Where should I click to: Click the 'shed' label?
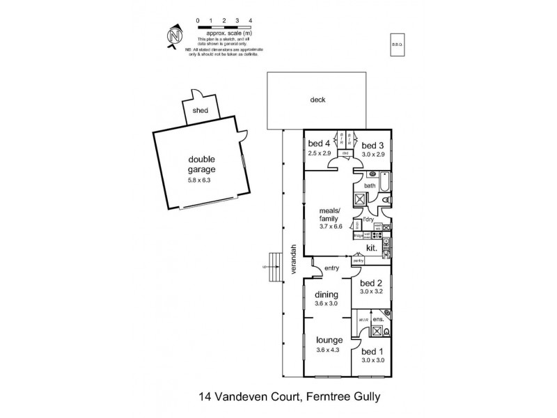(x=200, y=110)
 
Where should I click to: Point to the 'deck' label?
(x=317, y=100)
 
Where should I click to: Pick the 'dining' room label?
(x=326, y=294)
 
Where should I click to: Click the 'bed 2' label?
(x=370, y=283)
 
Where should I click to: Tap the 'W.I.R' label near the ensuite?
(x=363, y=320)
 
